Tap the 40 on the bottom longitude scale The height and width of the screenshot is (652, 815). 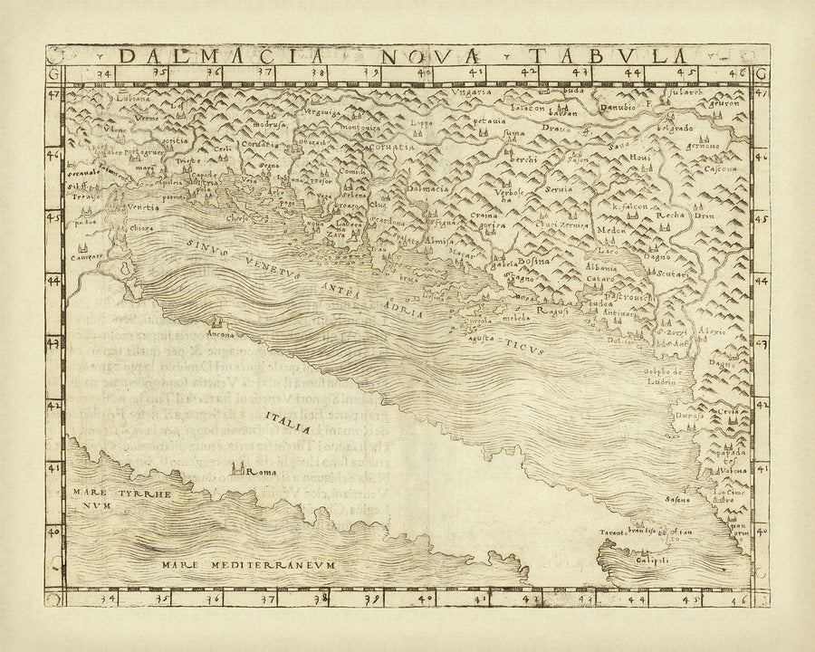click(426, 599)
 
